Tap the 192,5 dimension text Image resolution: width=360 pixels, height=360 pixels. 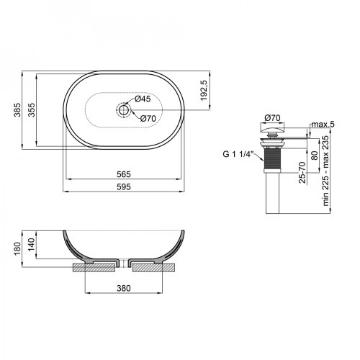[x=204, y=90]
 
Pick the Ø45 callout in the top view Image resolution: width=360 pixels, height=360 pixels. [x=142, y=99]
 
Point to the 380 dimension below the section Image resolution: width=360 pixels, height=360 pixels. [x=123, y=289]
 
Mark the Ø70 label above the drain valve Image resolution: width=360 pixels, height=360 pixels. [x=271, y=117]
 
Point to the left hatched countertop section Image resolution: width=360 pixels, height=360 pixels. [x=94, y=267]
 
